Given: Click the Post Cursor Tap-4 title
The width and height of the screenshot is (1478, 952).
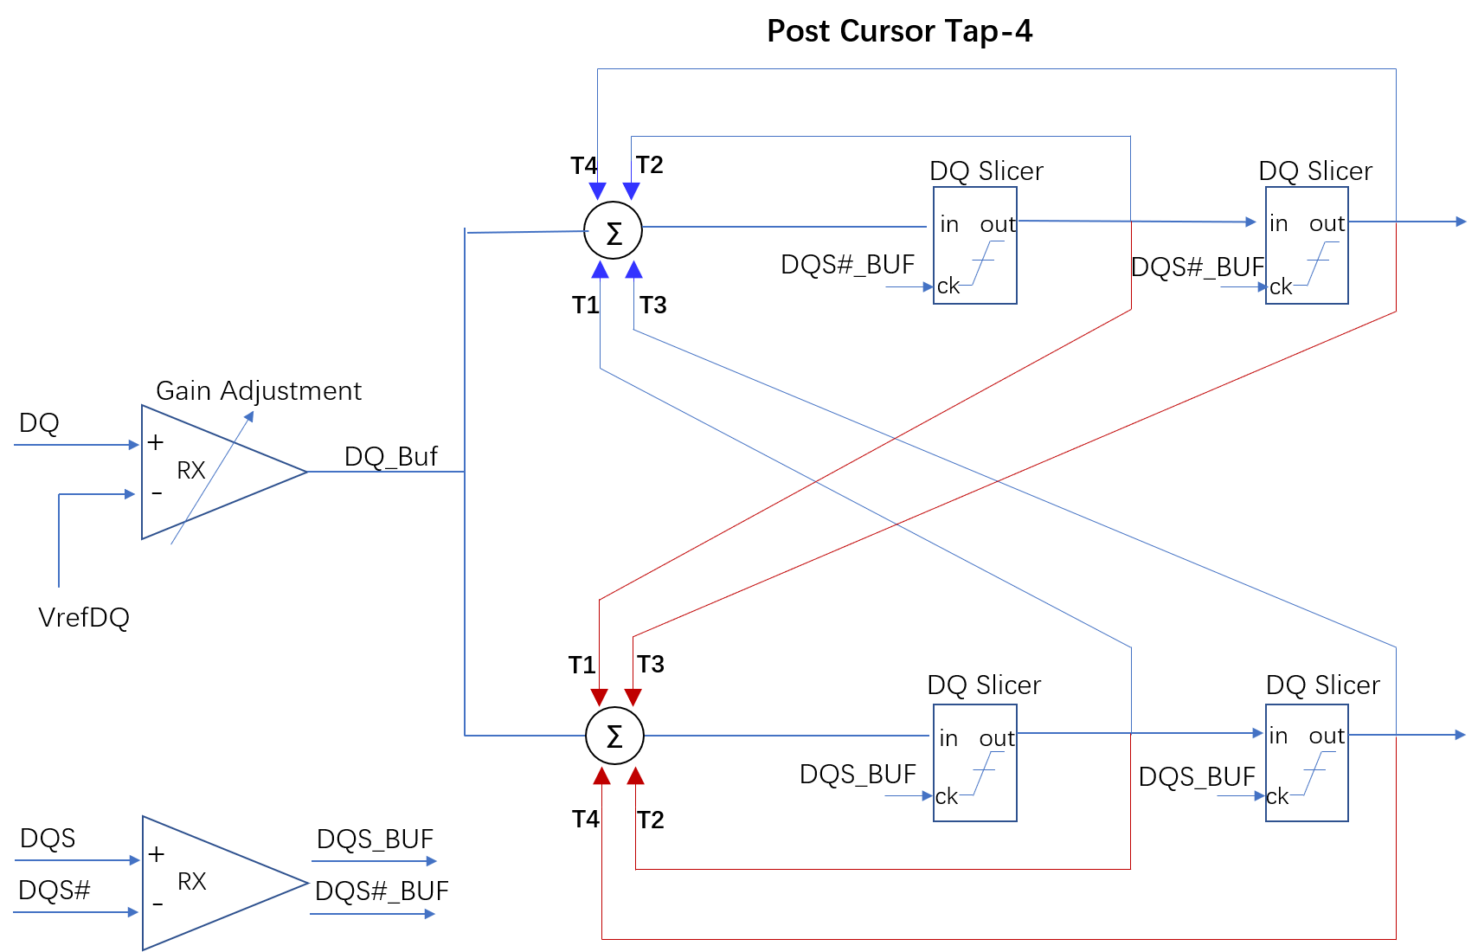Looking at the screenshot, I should click(899, 31).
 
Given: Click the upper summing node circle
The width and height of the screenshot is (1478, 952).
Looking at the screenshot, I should click(614, 231).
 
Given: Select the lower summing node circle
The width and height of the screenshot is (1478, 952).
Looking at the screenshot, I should click(614, 736).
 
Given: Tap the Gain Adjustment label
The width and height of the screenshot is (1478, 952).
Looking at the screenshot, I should click(258, 391).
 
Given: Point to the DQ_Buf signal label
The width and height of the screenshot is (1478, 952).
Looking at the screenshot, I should click(391, 456).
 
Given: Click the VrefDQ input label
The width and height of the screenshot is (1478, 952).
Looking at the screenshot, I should click(84, 617).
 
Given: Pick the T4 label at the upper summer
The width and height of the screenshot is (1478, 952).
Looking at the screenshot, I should click(583, 165).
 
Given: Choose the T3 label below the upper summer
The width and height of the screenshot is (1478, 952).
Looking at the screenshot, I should click(653, 305).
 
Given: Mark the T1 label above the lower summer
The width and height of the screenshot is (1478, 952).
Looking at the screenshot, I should click(582, 665).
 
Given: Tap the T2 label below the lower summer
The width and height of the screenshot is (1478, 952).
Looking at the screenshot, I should click(651, 820).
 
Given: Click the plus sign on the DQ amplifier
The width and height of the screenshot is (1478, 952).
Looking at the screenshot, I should click(156, 442).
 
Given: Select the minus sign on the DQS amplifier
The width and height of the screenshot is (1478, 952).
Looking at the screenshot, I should click(157, 904).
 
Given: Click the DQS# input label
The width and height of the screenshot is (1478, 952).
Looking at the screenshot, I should click(54, 890).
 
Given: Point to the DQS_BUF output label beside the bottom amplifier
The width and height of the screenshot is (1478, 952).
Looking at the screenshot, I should click(375, 839).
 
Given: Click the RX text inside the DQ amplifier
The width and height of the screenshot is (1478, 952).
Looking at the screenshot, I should click(191, 470).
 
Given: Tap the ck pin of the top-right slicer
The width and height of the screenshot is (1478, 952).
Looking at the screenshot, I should click(1281, 286).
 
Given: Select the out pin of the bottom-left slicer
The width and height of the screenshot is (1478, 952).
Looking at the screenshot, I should click(997, 738).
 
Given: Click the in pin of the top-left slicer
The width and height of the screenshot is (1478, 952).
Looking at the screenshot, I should click(949, 224).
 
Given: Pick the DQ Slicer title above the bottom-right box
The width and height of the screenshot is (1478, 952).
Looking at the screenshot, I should click(1322, 685).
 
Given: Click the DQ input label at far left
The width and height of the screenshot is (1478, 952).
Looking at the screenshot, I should click(39, 423).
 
